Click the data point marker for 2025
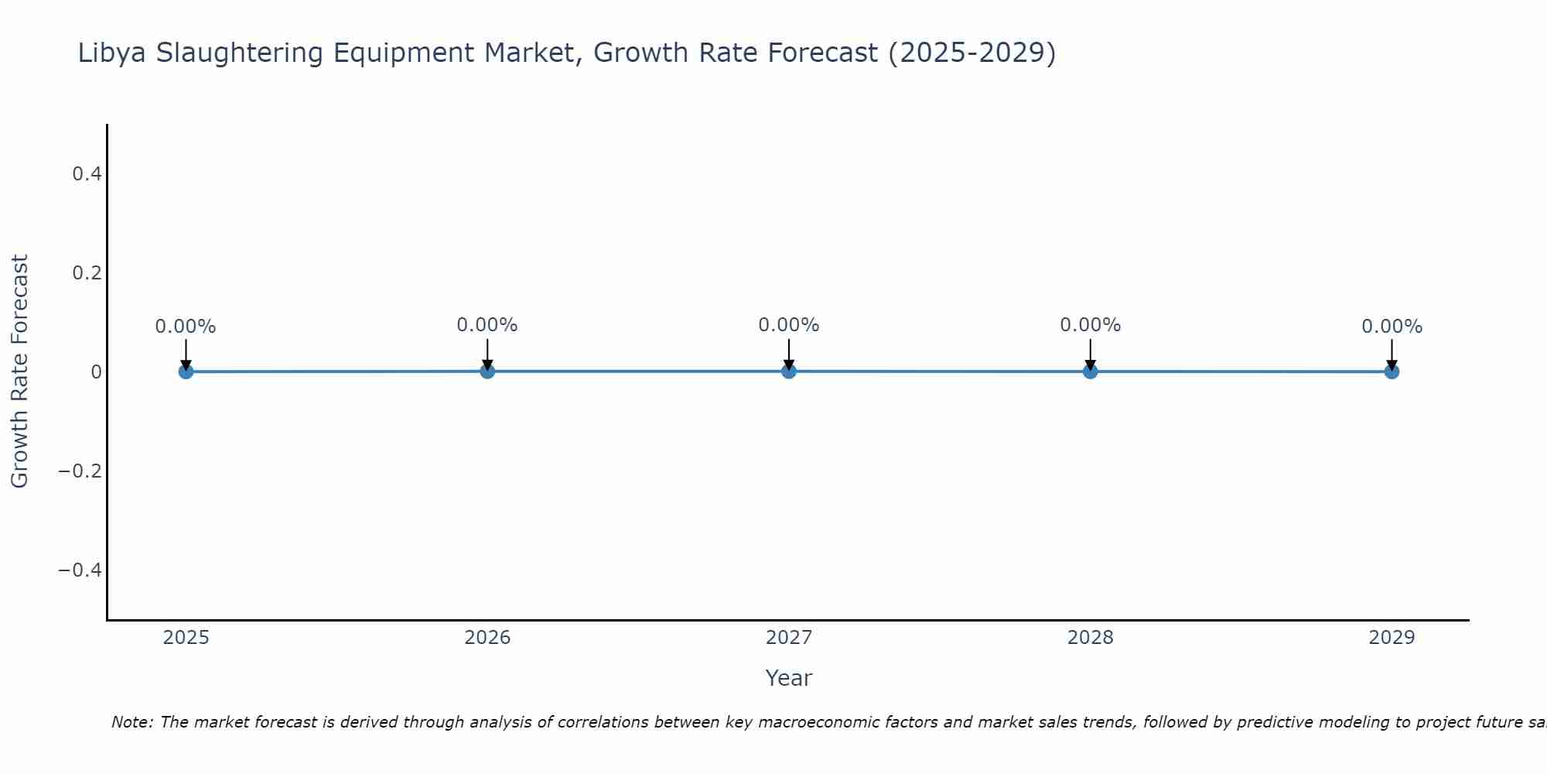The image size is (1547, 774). click(186, 372)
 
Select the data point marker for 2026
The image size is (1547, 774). click(487, 371)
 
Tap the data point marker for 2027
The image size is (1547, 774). click(789, 371)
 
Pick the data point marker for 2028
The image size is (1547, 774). click(1090, 371)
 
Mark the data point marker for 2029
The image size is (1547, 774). click(1392, 372)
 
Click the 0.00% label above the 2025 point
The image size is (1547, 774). click(186, 327)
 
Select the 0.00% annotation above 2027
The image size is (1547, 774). click(789, 325)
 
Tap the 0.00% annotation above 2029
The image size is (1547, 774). click(1392, 327)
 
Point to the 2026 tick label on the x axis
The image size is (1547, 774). click(487, 638)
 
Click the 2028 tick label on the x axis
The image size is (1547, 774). click(1090, 638)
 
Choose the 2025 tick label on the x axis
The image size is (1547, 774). click(186, 638)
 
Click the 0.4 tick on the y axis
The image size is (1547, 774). click(87, 174)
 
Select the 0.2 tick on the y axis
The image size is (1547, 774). click(87, 273)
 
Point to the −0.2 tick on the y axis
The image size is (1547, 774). click(80, 471)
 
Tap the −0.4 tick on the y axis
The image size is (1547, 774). click(80, 570)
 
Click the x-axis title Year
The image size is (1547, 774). click(788, 679)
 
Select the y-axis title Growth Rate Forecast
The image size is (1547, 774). click(19, 372)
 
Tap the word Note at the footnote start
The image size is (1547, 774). click(131, 722)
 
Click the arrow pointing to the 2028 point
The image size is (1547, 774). click(1090, 354)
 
